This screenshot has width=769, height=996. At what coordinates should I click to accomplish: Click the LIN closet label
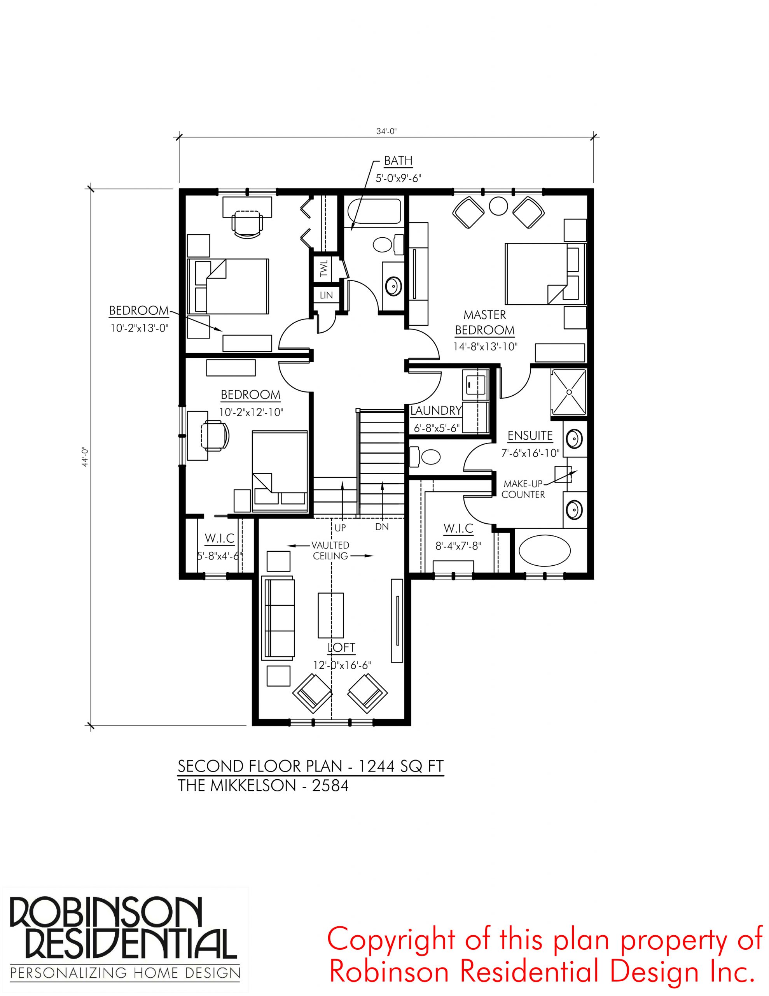pos(326,295)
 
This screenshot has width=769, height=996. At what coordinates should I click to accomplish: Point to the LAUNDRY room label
pos(436,410)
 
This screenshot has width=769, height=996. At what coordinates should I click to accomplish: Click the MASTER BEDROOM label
pos(484,322)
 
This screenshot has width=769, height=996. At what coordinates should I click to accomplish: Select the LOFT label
pos(341,647)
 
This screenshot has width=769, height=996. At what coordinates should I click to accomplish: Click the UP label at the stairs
pos(340,528)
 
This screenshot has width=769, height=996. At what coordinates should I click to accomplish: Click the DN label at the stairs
pos(382,527)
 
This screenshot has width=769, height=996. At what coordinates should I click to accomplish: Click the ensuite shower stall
pos(568,392)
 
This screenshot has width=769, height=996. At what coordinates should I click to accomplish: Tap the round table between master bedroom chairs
pos(498,206)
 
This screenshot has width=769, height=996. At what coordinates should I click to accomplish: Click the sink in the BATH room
pos(393,286)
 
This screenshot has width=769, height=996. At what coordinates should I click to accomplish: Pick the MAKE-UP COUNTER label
pos(523,489)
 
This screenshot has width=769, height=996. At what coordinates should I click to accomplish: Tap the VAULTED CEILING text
pos(330,551)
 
